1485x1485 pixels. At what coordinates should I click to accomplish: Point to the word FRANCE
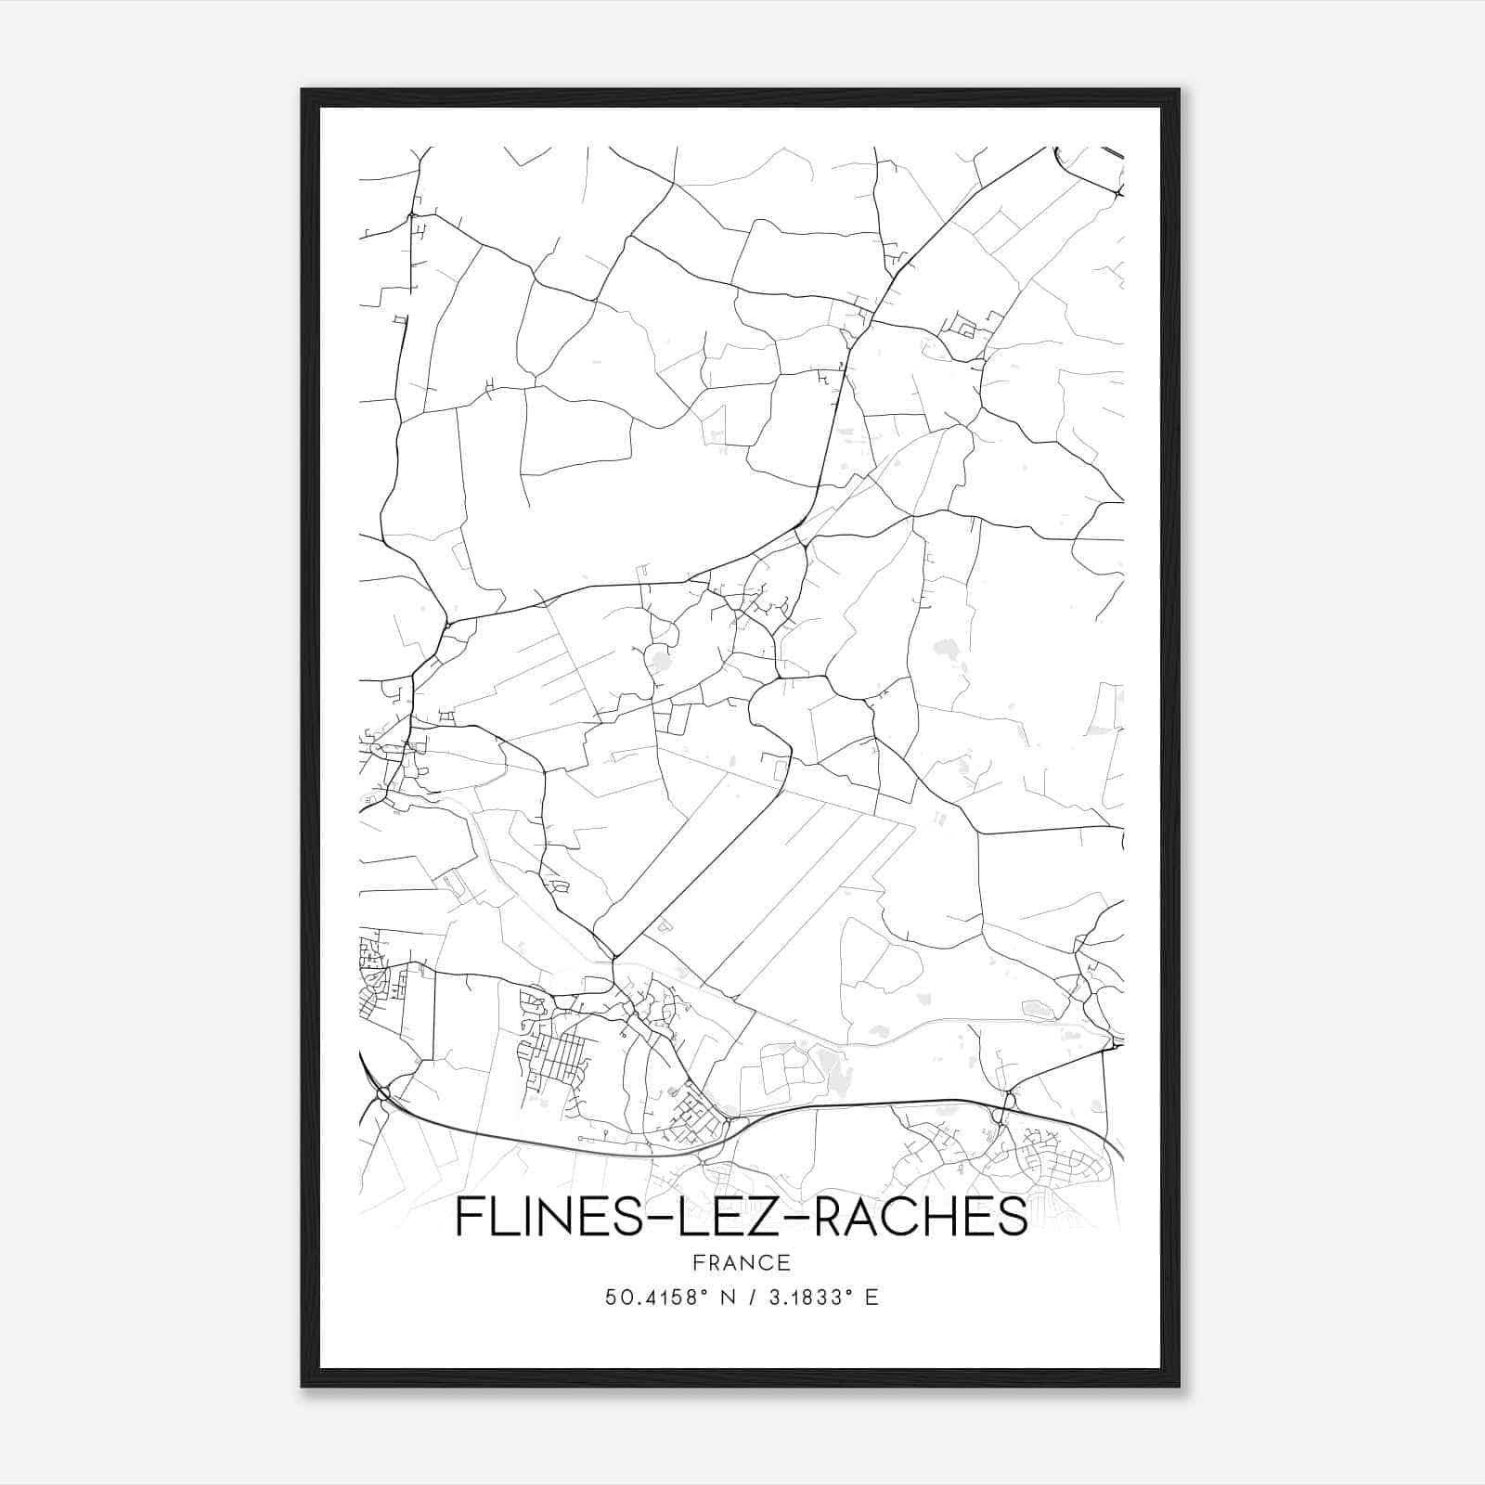point(741,1262)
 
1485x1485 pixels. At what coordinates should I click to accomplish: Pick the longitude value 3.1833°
point(808,1298)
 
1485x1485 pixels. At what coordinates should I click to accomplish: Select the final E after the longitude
point(871,1298)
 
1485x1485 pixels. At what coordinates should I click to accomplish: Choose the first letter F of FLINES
point(467,1217)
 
